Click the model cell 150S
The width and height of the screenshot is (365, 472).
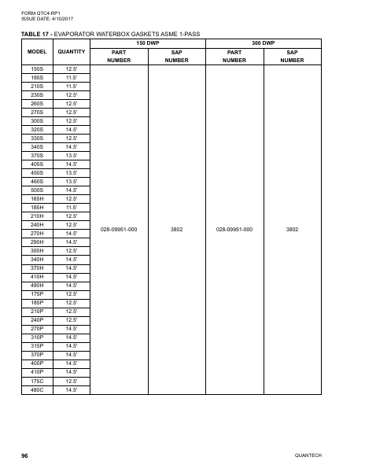click(36, 69)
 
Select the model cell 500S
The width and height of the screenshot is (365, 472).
click(36, 190)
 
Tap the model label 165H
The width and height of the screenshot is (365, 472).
click(36, 198)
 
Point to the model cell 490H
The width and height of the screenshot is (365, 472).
click(36, 285)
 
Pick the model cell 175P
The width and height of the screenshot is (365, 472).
click(36, 293)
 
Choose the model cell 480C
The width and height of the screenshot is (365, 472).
click(36, 389)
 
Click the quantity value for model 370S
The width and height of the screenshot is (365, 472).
click(71, 155)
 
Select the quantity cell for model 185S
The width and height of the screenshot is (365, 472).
click(71, 78)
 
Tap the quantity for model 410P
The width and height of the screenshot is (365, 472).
click(71, 372)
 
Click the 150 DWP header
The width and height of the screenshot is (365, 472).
click(148, 42)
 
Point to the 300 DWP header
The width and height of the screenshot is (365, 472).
click(263, 42)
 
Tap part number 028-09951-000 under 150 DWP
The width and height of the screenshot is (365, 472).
click(120, 229)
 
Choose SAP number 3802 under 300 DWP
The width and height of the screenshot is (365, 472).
click(292, 229)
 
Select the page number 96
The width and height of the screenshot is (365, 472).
click(24, 455)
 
